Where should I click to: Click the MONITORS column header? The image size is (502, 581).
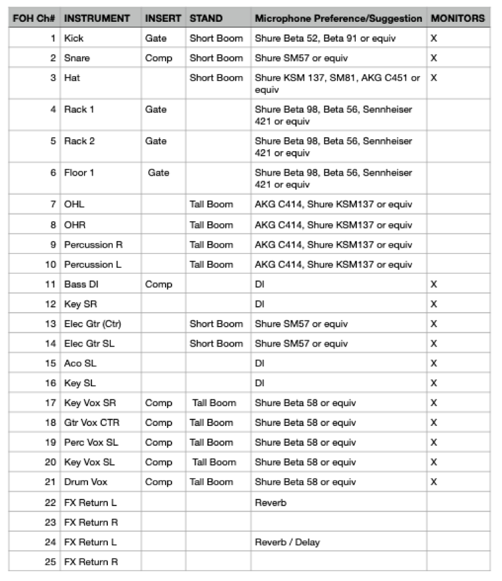[x=458, y=18]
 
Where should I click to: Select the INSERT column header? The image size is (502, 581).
[x=163, y=18]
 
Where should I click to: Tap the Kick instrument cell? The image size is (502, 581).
[x=74, y=38]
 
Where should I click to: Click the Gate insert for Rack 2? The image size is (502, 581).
[x=156, y=141]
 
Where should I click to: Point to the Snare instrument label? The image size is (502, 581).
[x=77, y=58]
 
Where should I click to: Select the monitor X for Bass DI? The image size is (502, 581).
[x=434, y=284]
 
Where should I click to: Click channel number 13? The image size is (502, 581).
[x=51, y=324]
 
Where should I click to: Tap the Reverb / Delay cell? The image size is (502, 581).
[x=287, y=542]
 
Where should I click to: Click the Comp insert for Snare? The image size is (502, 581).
[x=158, y=58]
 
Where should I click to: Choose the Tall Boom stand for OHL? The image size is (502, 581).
[x=211, y=205]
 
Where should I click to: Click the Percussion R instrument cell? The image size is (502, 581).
[x=93, y=244]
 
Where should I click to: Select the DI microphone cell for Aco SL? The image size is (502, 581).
[x=260, y=363]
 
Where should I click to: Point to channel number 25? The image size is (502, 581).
[x=51, y=562]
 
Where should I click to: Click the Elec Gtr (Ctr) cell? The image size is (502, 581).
[x=93, y=324]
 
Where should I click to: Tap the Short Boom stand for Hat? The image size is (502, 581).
[x=216, y=78]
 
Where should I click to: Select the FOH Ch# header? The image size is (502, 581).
[x=33, y=18]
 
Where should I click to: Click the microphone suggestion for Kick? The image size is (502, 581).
[x=325, y=38]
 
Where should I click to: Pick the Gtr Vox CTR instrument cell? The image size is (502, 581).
[x=91, y=423]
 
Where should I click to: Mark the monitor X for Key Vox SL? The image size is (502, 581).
[x=434, y=462]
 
